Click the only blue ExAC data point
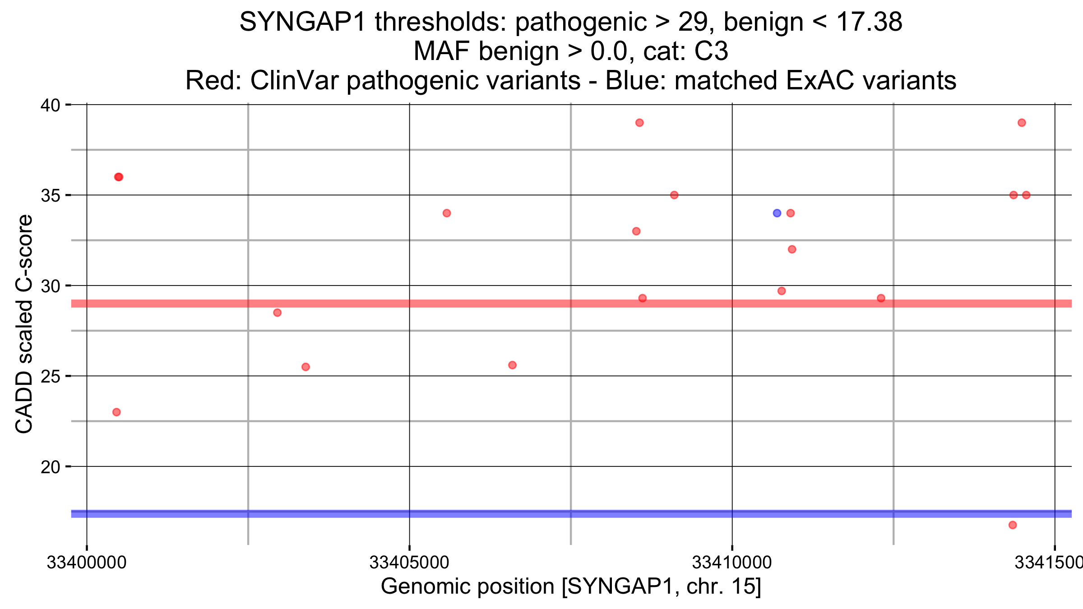tap(777, 213)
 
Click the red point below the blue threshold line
tap(1013, 525)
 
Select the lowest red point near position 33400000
tap(116, 412)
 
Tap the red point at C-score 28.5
tap(278, 313)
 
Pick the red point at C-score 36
tap(119, 177)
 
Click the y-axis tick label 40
tap(50, 106)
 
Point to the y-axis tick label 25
tap(50, 376)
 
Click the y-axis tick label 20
tap(50, 467)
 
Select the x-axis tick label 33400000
tap(87, 563)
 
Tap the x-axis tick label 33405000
tap(409, 563)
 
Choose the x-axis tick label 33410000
tap(732, 563)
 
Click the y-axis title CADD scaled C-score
tap(24, 324)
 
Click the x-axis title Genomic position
tap(570, 586)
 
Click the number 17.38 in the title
tap(869, 22)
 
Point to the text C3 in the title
tap(711, 51)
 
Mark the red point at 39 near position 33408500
tap(639, 123)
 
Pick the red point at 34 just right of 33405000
tap(447, 213)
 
